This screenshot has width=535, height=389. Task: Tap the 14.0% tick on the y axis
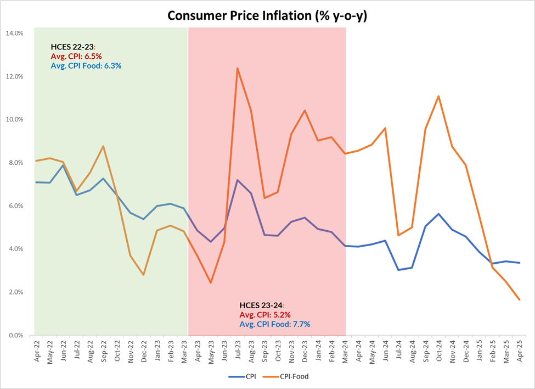coord(14,33)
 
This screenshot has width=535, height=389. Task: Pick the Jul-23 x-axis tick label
coord(237,349)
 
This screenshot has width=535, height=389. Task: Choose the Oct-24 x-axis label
coord(439,349)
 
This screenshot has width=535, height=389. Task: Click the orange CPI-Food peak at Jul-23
coord(238,68)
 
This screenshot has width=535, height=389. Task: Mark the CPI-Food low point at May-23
coord(211,283)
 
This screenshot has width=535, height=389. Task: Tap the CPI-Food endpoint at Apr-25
coord(520,299)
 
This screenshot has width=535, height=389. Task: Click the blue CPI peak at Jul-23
coord(238,180)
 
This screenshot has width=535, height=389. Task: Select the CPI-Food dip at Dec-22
coord(143,275)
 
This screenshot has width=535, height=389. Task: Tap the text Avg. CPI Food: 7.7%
coord(274,324)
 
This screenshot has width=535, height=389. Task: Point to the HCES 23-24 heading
coord(261,305)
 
